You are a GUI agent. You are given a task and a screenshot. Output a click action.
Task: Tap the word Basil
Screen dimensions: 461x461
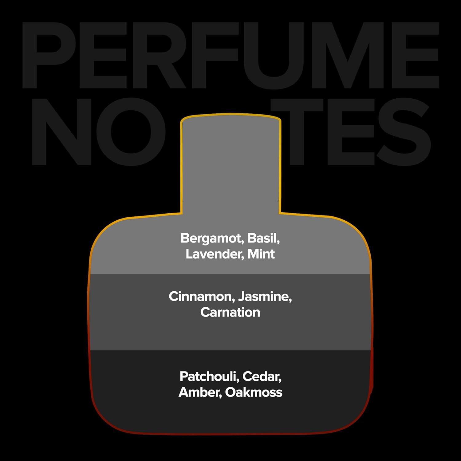pos(264,238)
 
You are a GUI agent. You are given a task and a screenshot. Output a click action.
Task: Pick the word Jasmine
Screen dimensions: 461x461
pos(265,297)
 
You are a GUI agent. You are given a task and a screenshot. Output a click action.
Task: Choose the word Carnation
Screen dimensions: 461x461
pos(230,312)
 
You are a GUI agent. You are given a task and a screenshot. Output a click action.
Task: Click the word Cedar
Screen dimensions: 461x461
pos(262,376)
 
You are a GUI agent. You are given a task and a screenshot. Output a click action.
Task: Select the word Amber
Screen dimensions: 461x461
pos(200,392)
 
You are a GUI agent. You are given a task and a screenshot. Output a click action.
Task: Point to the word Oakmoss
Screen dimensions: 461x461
pos(254,392)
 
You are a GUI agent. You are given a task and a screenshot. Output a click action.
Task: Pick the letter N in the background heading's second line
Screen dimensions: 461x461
pos(61,132)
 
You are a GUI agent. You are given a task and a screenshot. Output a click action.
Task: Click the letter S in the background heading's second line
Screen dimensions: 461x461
pos(404,132)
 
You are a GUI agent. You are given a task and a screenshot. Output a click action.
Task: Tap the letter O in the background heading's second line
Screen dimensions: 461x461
pos(131,132)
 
